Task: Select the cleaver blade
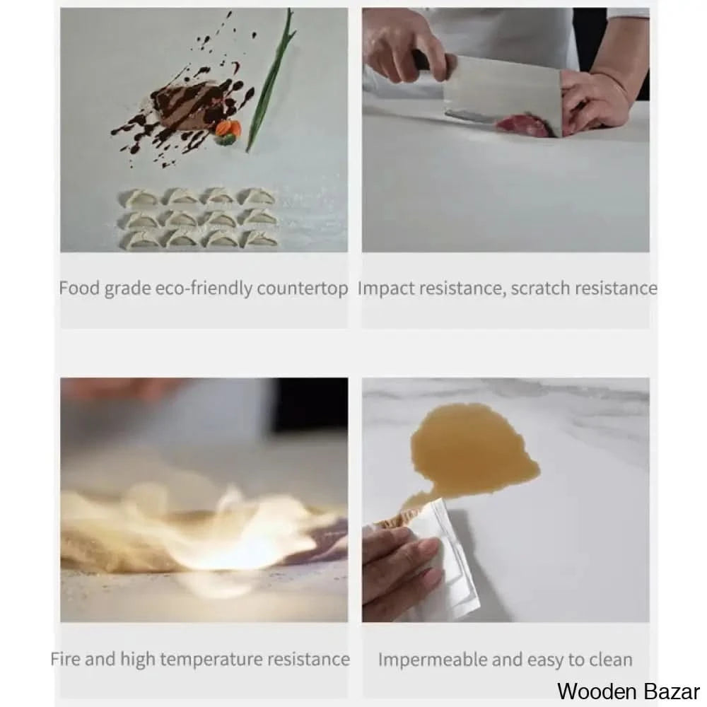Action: [503, 95]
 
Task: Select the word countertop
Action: [302, 288]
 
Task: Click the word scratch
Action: [539, 288]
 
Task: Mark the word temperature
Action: [211, 660]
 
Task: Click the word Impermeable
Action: [433, 660]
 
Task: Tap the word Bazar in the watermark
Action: [672, 691]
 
